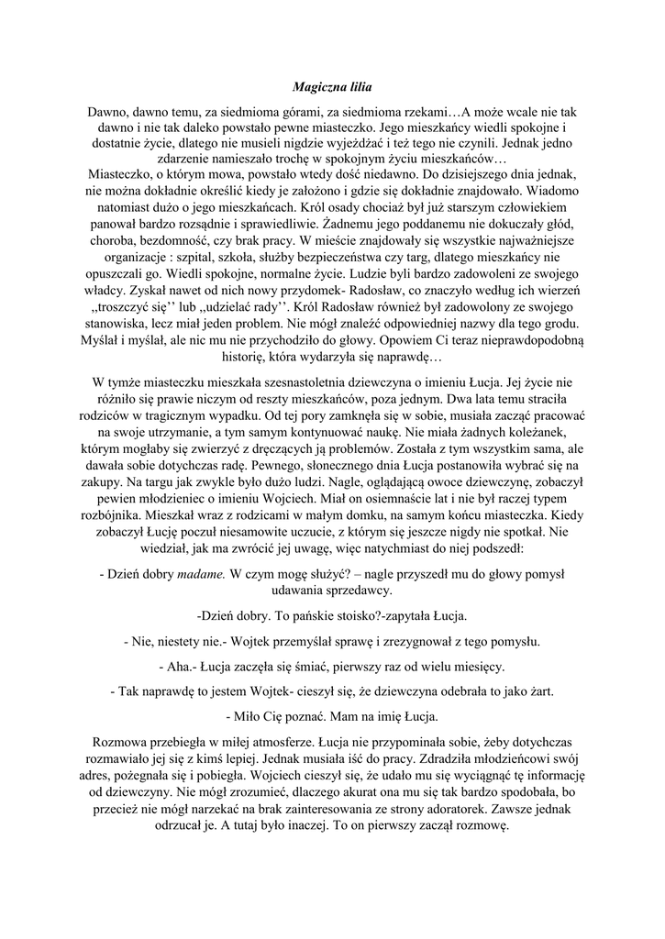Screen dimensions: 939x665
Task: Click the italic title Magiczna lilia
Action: click(x=332, y=88)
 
